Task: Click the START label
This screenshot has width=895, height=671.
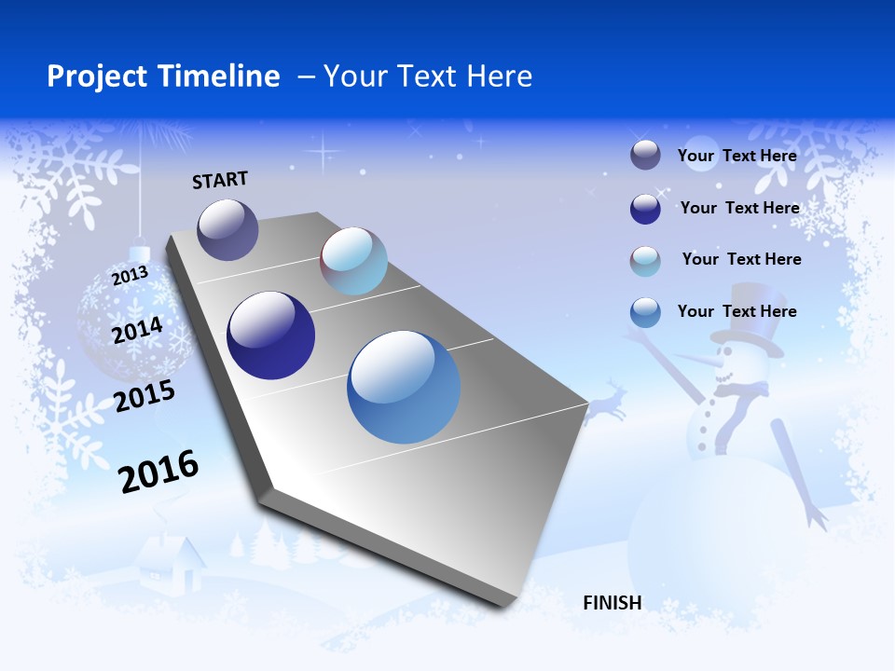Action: tap(220, 180)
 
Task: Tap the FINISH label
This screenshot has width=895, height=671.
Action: tap(613, 603)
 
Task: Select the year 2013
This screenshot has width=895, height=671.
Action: tap(130, 276)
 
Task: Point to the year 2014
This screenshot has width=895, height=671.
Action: tap(137, 330)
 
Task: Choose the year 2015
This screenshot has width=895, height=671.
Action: tap(145, 396)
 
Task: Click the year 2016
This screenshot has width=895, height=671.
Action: tap(158, 471)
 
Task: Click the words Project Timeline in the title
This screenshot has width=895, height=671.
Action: tap(163, 76)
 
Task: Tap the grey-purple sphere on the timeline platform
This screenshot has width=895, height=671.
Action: tap(227, 229)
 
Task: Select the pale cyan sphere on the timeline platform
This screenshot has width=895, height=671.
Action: tap(353, 261)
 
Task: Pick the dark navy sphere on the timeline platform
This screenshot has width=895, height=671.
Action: tap(270, 335)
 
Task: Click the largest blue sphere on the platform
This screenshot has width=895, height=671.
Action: tap(404, 386)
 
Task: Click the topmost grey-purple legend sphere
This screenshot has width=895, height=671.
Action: tap(645, 156)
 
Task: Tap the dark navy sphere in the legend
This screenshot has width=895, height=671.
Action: tap(645, 209)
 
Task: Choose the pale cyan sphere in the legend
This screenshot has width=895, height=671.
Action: tap(645, 261)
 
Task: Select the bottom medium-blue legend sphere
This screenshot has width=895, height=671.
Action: tap(645, 312)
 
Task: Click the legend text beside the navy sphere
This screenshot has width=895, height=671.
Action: tap(739, 208)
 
